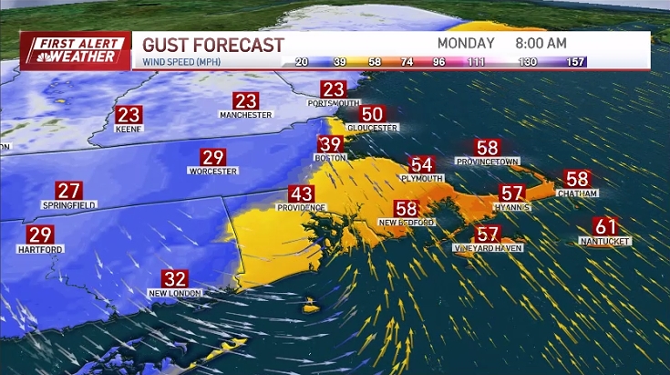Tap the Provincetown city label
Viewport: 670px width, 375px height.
click(487, 161)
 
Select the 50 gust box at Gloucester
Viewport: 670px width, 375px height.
click(372, 114)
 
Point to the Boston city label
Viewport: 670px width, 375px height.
click(330, 158)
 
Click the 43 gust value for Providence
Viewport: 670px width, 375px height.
click(301, 194)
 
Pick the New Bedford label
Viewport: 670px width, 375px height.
click(407, 223)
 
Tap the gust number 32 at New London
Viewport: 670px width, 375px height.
click(174, 279)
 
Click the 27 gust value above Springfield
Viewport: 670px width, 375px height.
click(69, 191)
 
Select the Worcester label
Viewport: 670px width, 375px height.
click(212, 171)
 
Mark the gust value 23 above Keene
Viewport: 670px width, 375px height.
click(129, 115)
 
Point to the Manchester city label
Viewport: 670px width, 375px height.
click(246, 115)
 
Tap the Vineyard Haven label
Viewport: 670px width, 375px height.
click(488, 248)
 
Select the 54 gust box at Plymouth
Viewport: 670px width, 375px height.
click(421, 164)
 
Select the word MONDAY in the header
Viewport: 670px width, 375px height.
click(466, 43)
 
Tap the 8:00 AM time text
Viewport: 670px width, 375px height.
click(541, 43)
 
